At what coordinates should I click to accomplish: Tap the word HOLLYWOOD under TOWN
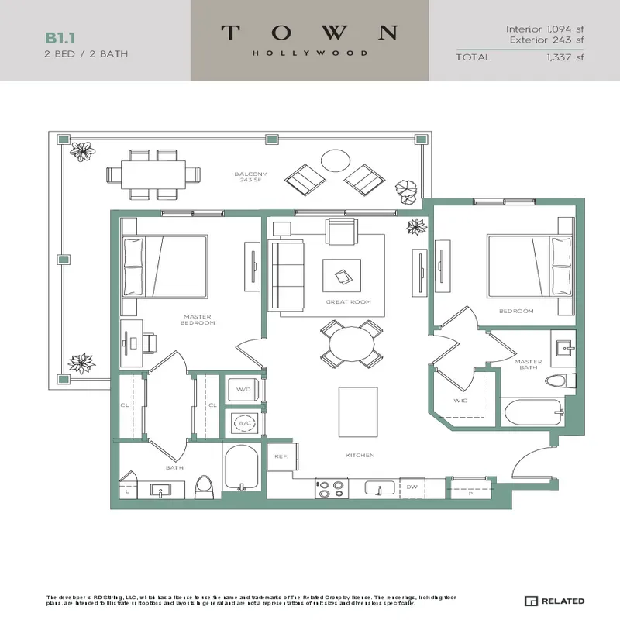(310, 53)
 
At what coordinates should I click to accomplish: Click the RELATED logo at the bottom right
(554, 601)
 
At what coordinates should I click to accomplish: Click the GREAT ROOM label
(348, 302)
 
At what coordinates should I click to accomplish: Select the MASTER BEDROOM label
(198, 319)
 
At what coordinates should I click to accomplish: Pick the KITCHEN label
(360, 455)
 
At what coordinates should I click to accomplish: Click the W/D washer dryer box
(244, 391)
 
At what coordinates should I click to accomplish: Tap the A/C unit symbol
(244, 423)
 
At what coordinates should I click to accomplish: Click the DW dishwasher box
(412, 487)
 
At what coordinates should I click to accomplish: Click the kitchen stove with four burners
(331, 488)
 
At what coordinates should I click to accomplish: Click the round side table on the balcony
(335, 160)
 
